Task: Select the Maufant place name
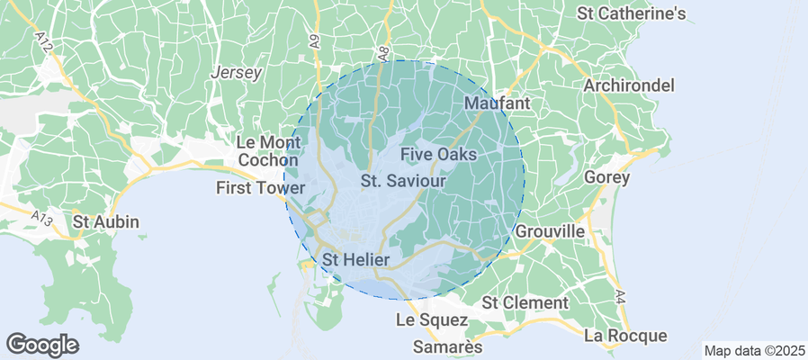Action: (x=497, y=103)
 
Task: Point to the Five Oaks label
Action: (x=438, y=155)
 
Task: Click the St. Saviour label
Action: (x=404, y=181)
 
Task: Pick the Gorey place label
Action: (x=606, y=177)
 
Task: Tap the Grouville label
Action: (x=550, y=231)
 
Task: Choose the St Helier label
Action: (x=355, y=259)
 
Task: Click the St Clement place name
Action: (x=525, y=302)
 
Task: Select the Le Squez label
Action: (x=432, y=319)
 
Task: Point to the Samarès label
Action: (x=447, y=346)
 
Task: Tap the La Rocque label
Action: (x=625, y=336)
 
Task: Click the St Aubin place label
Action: (x=106, y=221)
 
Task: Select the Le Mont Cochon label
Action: (x=261, y=151)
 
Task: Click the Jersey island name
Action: (x=235, y=73)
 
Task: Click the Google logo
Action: (x=42, y=344)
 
